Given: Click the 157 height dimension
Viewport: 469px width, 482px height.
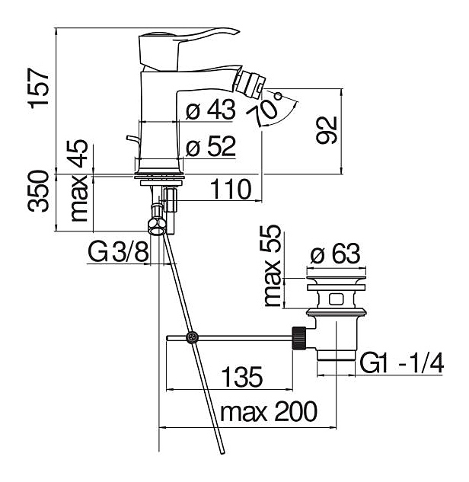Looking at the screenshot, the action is coord(39,88).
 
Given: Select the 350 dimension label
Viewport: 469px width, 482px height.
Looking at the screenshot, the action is coord(39,191).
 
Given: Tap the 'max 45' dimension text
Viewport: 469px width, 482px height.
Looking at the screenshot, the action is coord(79,180).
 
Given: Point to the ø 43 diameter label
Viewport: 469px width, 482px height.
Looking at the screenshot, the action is coord(211,109).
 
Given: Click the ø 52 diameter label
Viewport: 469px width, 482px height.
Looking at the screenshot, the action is coord(211,146).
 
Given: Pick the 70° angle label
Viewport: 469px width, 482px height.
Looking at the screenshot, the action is coord(266,107).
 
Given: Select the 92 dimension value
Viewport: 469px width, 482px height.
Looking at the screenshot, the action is coord(327,129).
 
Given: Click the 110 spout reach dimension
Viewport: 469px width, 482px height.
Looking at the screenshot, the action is coord(231,190).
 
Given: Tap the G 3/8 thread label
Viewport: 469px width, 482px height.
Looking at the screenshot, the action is coord(119,251).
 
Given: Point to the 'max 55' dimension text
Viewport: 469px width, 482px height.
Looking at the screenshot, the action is coord(273,266).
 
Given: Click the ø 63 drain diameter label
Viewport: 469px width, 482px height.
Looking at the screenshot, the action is coord(335,254).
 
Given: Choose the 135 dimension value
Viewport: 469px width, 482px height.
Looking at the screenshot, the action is coord(242,377).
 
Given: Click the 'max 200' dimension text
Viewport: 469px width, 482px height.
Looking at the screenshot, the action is coord(269,412).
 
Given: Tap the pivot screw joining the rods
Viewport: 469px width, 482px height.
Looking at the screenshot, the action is coord(192,337).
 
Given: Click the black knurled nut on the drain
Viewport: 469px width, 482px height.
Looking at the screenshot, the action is coord(298,338).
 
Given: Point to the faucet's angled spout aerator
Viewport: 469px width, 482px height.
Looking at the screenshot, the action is coord(251,81).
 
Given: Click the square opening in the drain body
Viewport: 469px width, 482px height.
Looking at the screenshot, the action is coord(336,298).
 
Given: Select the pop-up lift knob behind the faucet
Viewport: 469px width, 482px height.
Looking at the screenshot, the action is coord(132,139).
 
